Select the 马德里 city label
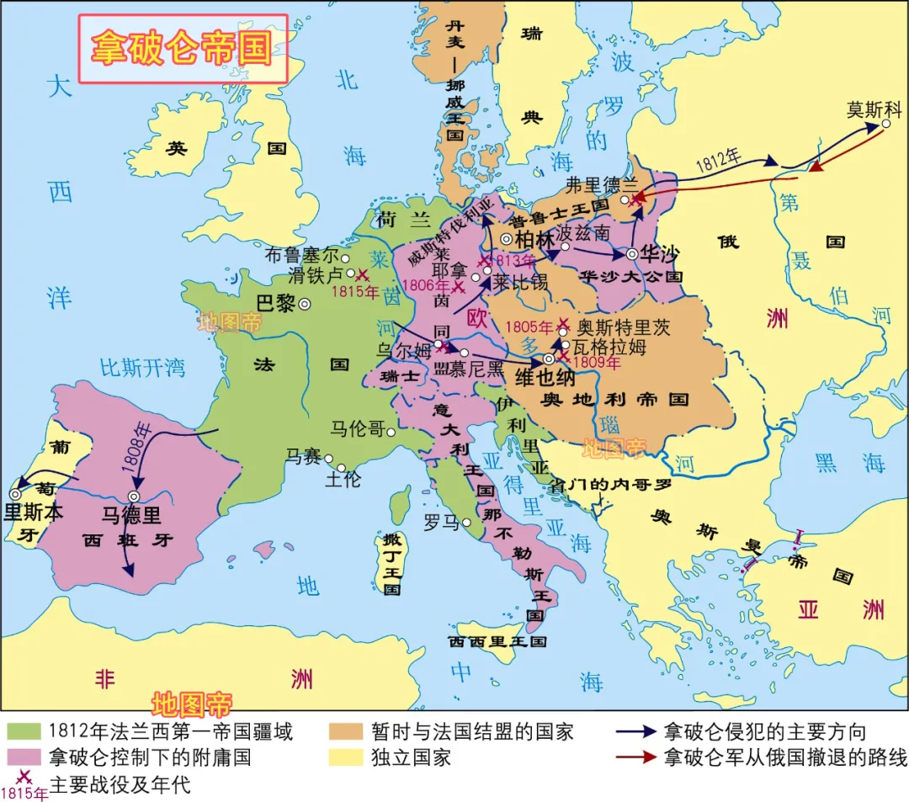pos(131,515)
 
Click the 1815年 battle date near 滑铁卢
pos(355,292)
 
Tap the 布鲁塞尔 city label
pos(300,254)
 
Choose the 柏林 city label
pos(532,238)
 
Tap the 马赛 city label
pos(302,457)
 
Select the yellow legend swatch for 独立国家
pos(345,757)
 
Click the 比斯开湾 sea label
pos(141,367)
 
